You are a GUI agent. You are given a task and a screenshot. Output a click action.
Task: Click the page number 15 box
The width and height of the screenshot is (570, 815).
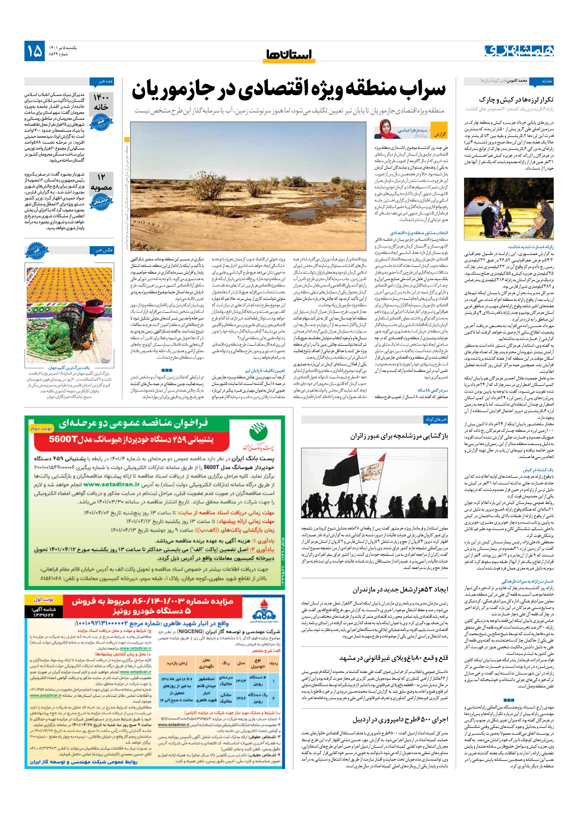click(34, 51)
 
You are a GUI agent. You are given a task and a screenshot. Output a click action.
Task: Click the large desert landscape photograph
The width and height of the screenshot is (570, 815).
click(248, 186)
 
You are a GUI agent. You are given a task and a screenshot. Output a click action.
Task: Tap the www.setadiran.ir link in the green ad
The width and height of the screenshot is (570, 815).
click(108, 484)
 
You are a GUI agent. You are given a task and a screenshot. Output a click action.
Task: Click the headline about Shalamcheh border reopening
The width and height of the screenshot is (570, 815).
click(399, 436)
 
